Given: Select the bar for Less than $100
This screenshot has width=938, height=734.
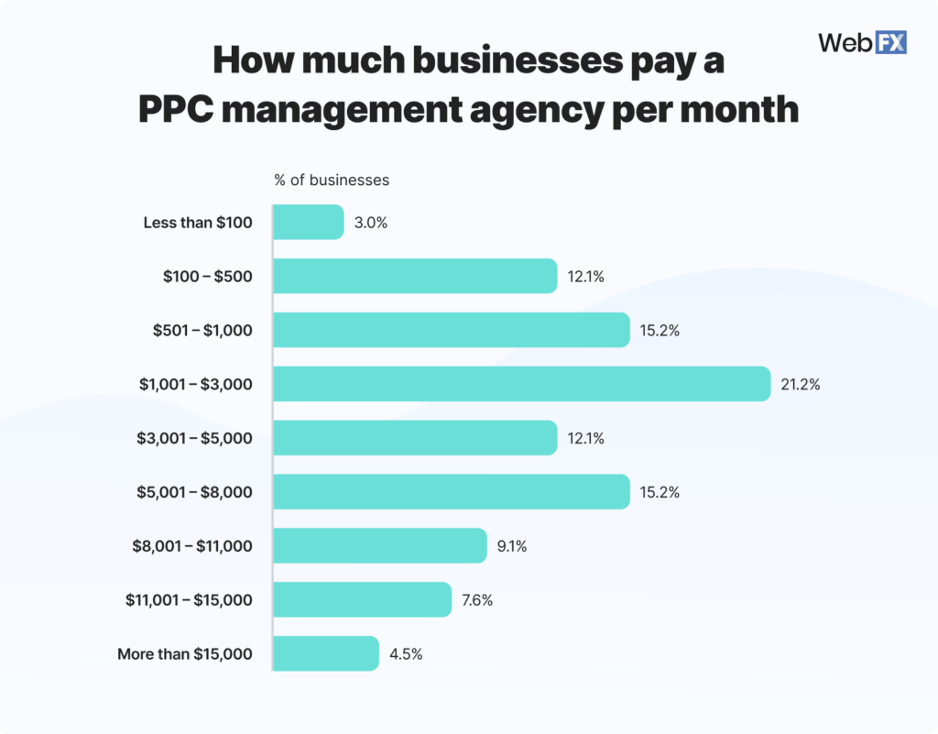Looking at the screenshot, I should click(x=309, y=223).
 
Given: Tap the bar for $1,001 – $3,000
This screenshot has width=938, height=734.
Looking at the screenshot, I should click(x=521, y=384).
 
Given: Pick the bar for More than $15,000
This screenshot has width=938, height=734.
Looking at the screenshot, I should click(x=326, y=653).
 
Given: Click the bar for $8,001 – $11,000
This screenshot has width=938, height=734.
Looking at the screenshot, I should click(x=380, y=546).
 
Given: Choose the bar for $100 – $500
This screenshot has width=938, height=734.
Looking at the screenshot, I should click(x=415, y=276).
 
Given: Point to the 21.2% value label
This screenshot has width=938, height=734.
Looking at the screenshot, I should click(x=801, y=385).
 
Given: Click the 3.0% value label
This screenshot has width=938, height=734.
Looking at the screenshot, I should click(x=370, y=223).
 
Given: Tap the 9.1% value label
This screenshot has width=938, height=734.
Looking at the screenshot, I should click(x=512, y=546).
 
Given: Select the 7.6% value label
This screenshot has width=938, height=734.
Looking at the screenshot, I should click(x=477, y=600).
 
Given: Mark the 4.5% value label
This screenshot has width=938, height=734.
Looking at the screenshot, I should click(x=404, y=654).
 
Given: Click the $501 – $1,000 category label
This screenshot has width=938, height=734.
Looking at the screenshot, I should click(x=202, y=331).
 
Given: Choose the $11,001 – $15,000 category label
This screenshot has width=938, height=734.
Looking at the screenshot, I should click(x=189, y=600).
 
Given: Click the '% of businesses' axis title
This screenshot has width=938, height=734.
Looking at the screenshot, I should click(x=332, y=180).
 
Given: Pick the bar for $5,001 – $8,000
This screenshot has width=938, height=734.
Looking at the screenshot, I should click(x=452, y=492).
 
